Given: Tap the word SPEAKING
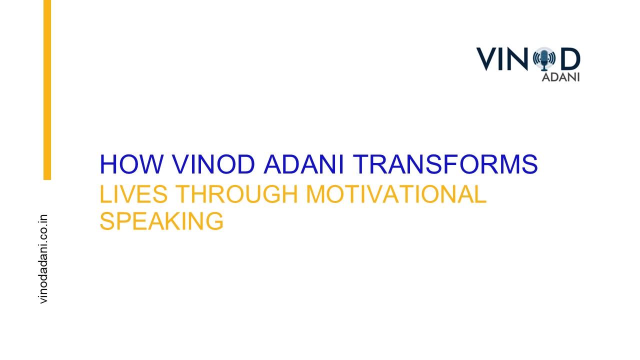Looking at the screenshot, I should (161, 221).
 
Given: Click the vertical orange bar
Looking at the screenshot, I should (47, 90).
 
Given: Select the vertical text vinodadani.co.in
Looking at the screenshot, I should (43, 258).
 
